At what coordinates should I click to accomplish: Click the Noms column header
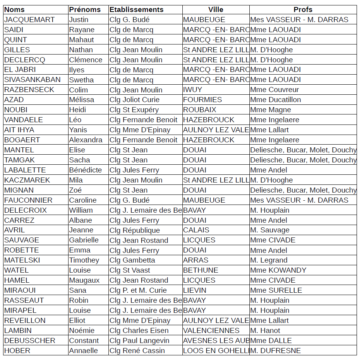pos(14,10)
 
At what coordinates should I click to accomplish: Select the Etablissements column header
pos(136,10)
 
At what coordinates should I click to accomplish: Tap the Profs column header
pos(303,10)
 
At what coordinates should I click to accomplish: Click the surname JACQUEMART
pos(29,20)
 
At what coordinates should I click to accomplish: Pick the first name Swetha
pos(81,80)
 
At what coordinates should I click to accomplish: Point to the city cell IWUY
pos(192,90)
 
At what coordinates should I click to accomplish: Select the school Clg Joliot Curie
pos(134,100)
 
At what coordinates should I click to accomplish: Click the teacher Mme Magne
pos(270,110)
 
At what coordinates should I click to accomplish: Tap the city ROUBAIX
pos(199,110)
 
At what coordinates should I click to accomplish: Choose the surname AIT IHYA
pos(19,130)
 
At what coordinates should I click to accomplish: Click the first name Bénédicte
pos(85,170)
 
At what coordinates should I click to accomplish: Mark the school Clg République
pos(134,230)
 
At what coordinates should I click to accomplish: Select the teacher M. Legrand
pos(269,260)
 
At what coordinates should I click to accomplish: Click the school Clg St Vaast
pos(130,270)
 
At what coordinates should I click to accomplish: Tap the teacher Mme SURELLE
pos(276,290)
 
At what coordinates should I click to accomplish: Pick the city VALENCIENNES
pos(211,331)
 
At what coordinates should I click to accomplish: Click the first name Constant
pos(83,341)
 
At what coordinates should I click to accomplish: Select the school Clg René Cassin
pos(137,351)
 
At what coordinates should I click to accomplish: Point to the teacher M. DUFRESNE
pos(275,351)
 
